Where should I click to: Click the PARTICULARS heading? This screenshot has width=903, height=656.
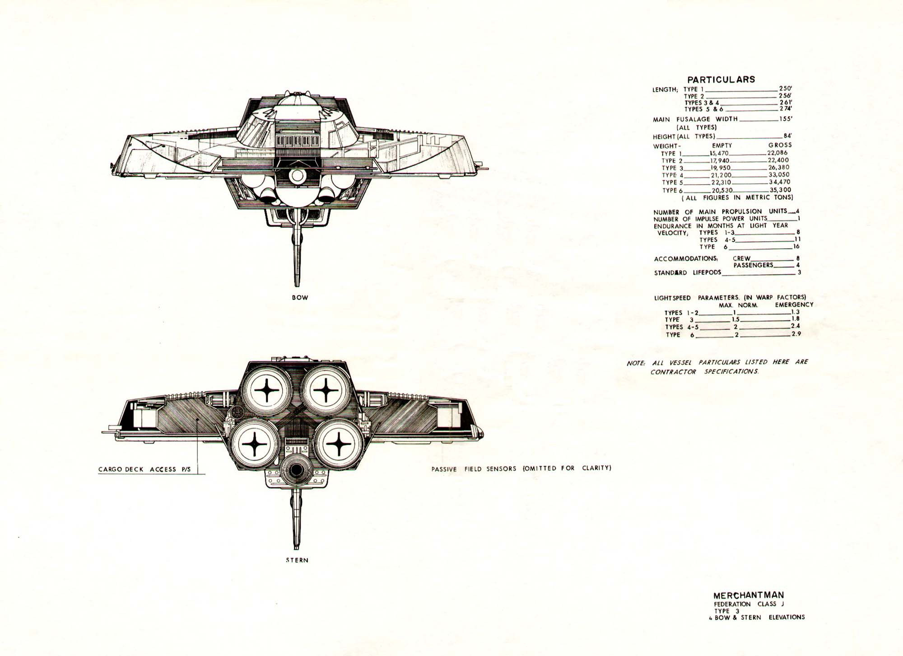(721, 80)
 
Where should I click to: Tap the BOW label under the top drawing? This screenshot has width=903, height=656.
(300, 298)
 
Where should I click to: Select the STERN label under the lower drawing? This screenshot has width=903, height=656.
(297, 560)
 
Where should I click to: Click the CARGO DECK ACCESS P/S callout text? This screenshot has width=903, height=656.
(144, 469)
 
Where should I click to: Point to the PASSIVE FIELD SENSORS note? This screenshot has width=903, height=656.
(521, 469)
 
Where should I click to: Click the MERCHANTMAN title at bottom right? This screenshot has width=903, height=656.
(749, 595)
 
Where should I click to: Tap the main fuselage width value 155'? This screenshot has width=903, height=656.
(786, 119)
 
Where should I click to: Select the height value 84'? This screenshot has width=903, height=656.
(788, 136)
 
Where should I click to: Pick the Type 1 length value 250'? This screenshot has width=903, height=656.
(786, 89)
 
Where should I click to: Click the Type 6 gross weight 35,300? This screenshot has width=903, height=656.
(780, 190)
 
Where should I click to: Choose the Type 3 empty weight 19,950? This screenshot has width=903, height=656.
(720, 168)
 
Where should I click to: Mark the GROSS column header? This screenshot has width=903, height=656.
(780, 145)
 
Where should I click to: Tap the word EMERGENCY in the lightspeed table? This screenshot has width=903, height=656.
(794, 305)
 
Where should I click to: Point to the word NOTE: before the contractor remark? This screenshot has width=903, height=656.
(636, 363)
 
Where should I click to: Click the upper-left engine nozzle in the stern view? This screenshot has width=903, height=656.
(267, 389)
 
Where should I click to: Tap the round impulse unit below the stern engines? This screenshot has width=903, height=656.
(296, 470)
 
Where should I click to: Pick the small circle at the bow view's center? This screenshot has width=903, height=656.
(297, 176)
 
